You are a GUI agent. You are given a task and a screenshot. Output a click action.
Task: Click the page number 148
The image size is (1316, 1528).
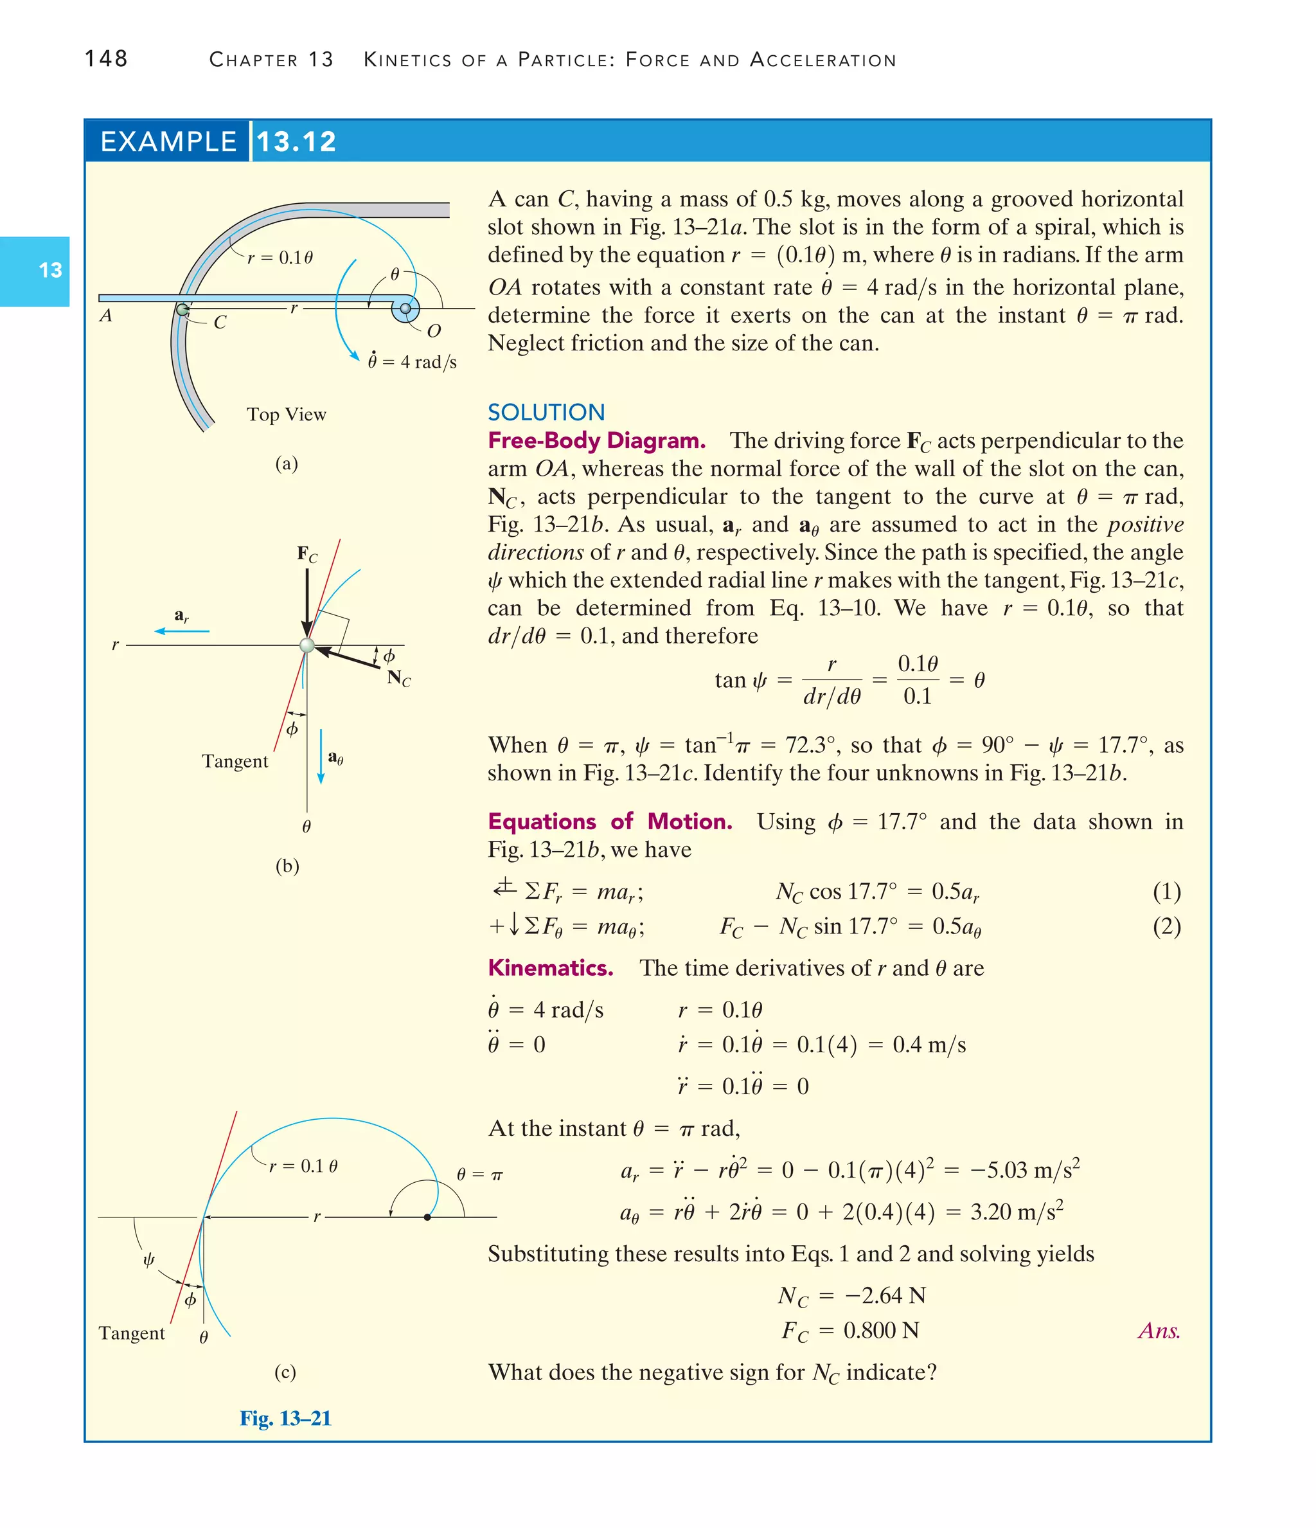(106, 58)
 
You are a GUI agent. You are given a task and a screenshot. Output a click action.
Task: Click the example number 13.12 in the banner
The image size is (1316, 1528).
(296, 141)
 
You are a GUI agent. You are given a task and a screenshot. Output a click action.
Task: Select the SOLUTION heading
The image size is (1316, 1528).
(546, 411)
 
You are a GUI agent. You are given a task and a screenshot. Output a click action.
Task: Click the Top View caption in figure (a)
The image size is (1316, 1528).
(286, 415)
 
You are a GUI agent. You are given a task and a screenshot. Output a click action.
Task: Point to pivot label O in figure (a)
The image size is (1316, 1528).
(434, 331)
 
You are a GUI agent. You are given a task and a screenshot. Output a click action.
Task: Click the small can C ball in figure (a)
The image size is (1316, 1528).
(182, 310)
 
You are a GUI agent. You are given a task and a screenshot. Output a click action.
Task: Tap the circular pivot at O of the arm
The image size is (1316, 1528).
(405, 309)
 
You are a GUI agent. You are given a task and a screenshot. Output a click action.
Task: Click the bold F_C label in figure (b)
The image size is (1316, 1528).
(307, 554)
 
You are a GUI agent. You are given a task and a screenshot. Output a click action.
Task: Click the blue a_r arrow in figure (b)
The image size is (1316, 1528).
(181, 631)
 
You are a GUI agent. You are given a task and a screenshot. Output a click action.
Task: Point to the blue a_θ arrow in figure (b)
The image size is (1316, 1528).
(321, 757)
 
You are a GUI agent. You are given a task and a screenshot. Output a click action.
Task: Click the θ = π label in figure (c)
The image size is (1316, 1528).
(479, 1174)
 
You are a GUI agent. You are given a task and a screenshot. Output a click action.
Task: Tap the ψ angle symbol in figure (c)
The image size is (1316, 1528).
(148, 1259)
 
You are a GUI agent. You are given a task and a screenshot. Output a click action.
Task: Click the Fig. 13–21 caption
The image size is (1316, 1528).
(285, 1418)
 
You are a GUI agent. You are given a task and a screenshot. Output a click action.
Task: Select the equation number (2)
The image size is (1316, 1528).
(1166, 926)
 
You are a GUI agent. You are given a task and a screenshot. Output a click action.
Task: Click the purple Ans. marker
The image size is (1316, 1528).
(1158, 1331)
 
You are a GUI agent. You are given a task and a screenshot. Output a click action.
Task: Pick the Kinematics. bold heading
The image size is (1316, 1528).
(550, 967)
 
